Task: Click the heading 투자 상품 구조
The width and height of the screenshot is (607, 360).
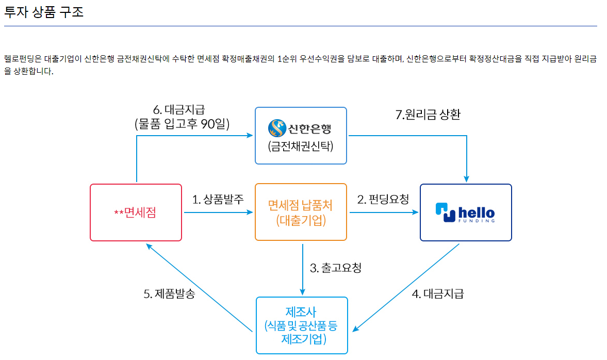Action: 44,12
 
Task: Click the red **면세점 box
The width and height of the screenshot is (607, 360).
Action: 136,212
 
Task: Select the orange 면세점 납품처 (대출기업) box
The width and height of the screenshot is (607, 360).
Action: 301,212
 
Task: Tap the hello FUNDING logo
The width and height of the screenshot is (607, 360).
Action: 465,212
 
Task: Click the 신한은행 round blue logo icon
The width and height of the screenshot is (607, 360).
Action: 276,127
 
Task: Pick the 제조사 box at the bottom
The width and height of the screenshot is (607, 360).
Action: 302,325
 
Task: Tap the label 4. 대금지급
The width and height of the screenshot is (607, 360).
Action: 438,294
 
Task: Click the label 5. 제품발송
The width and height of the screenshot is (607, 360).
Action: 169,294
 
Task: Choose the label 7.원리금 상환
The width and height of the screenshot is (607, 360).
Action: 428,115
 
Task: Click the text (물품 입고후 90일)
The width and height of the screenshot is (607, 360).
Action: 182,124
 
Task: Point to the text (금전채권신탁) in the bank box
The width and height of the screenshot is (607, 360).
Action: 301,146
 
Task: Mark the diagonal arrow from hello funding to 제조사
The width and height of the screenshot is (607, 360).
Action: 407,286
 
